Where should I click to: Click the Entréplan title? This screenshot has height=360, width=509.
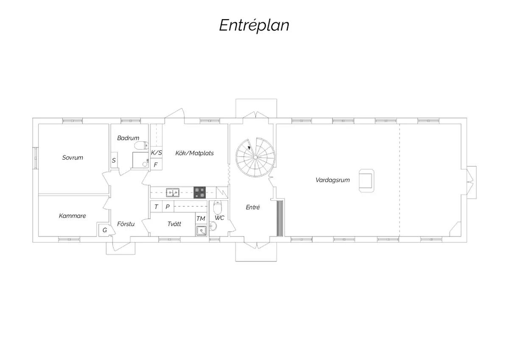254,25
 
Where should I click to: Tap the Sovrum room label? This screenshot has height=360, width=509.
73,157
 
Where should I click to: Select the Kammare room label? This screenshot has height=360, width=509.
72,216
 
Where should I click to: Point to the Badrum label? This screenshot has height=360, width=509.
128,138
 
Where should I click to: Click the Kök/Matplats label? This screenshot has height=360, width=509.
195,153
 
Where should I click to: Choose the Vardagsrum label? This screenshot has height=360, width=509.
333,180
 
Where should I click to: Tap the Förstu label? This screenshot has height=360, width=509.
126,224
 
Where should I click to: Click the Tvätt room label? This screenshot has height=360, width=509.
174,224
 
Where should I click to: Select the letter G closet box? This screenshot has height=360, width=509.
104,230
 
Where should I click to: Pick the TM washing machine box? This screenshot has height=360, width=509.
201,219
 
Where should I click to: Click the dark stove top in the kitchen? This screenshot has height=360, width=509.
199,193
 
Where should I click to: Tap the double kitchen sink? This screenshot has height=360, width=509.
173,193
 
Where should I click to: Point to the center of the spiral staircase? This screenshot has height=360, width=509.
255,157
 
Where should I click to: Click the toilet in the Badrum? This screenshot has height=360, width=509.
141,145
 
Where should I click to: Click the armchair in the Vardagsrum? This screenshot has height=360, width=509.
366,180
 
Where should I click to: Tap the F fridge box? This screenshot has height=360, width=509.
156,164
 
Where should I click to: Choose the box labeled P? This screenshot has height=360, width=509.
168,206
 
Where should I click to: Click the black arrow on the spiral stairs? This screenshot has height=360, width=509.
249,148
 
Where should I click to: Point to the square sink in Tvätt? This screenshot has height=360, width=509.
201,231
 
